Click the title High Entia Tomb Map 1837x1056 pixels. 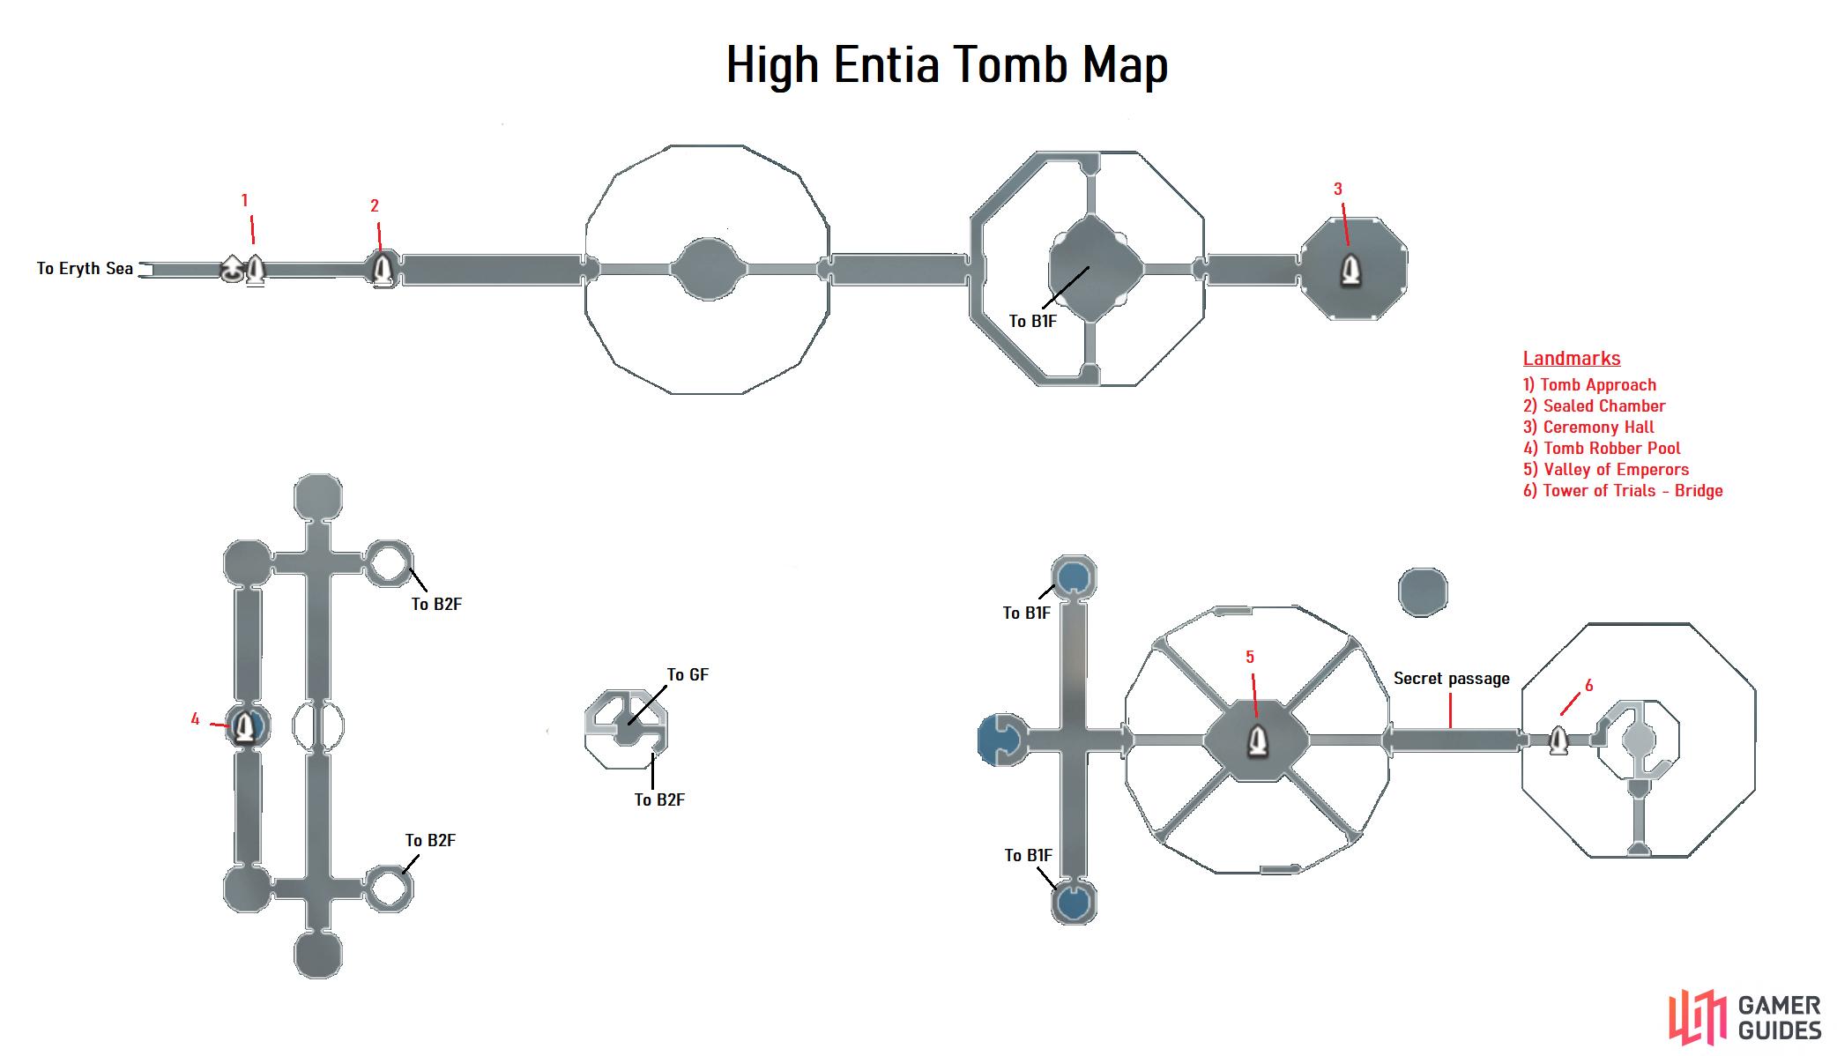tap(947, 65)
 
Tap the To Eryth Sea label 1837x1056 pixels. tap(85, 269)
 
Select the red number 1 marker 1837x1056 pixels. tap(245, 201)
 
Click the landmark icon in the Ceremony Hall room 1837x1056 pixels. tap(1350, 270)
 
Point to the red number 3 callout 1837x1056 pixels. tap(1338, 189)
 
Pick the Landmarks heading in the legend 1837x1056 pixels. tap(1572, 358)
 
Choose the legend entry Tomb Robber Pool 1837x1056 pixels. tap(1602, 449)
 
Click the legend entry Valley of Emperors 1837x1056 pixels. tap(1606, 470)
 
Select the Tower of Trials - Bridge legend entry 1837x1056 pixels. tap(1623, 491)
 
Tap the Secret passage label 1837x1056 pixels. tap(1451, 679)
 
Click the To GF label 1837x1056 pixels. tap(688, 675)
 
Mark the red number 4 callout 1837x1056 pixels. tap(196, 719)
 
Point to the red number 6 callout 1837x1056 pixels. tap(1588, 686)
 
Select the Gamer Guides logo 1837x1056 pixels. tap(1745, 1018)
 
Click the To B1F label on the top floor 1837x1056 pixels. tap(1033, 322)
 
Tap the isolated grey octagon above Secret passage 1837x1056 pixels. tap(1423, 591)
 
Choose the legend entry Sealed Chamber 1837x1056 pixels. tap(1595, 406)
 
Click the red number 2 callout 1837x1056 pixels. tap(375, 206)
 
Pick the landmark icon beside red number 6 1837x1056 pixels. tap(1558, 740)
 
